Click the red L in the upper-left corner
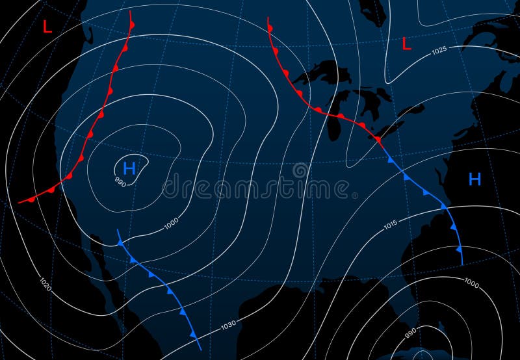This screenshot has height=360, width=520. tap(47, 27)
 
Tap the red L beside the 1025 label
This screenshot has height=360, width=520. tap(407, 44)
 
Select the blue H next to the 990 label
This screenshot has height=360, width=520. tap(129, 169)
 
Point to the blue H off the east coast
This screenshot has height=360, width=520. tap(474, 179)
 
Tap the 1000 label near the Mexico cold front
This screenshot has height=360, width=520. tap(172, 224)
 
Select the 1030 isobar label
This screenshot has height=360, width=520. tap(227, 324)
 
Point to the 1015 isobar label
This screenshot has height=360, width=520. tap(390, 225)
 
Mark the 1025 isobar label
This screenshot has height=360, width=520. tap(439, 50)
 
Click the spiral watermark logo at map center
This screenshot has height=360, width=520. tap(300, 171)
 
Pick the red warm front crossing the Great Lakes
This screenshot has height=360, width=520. tap(312, 105)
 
